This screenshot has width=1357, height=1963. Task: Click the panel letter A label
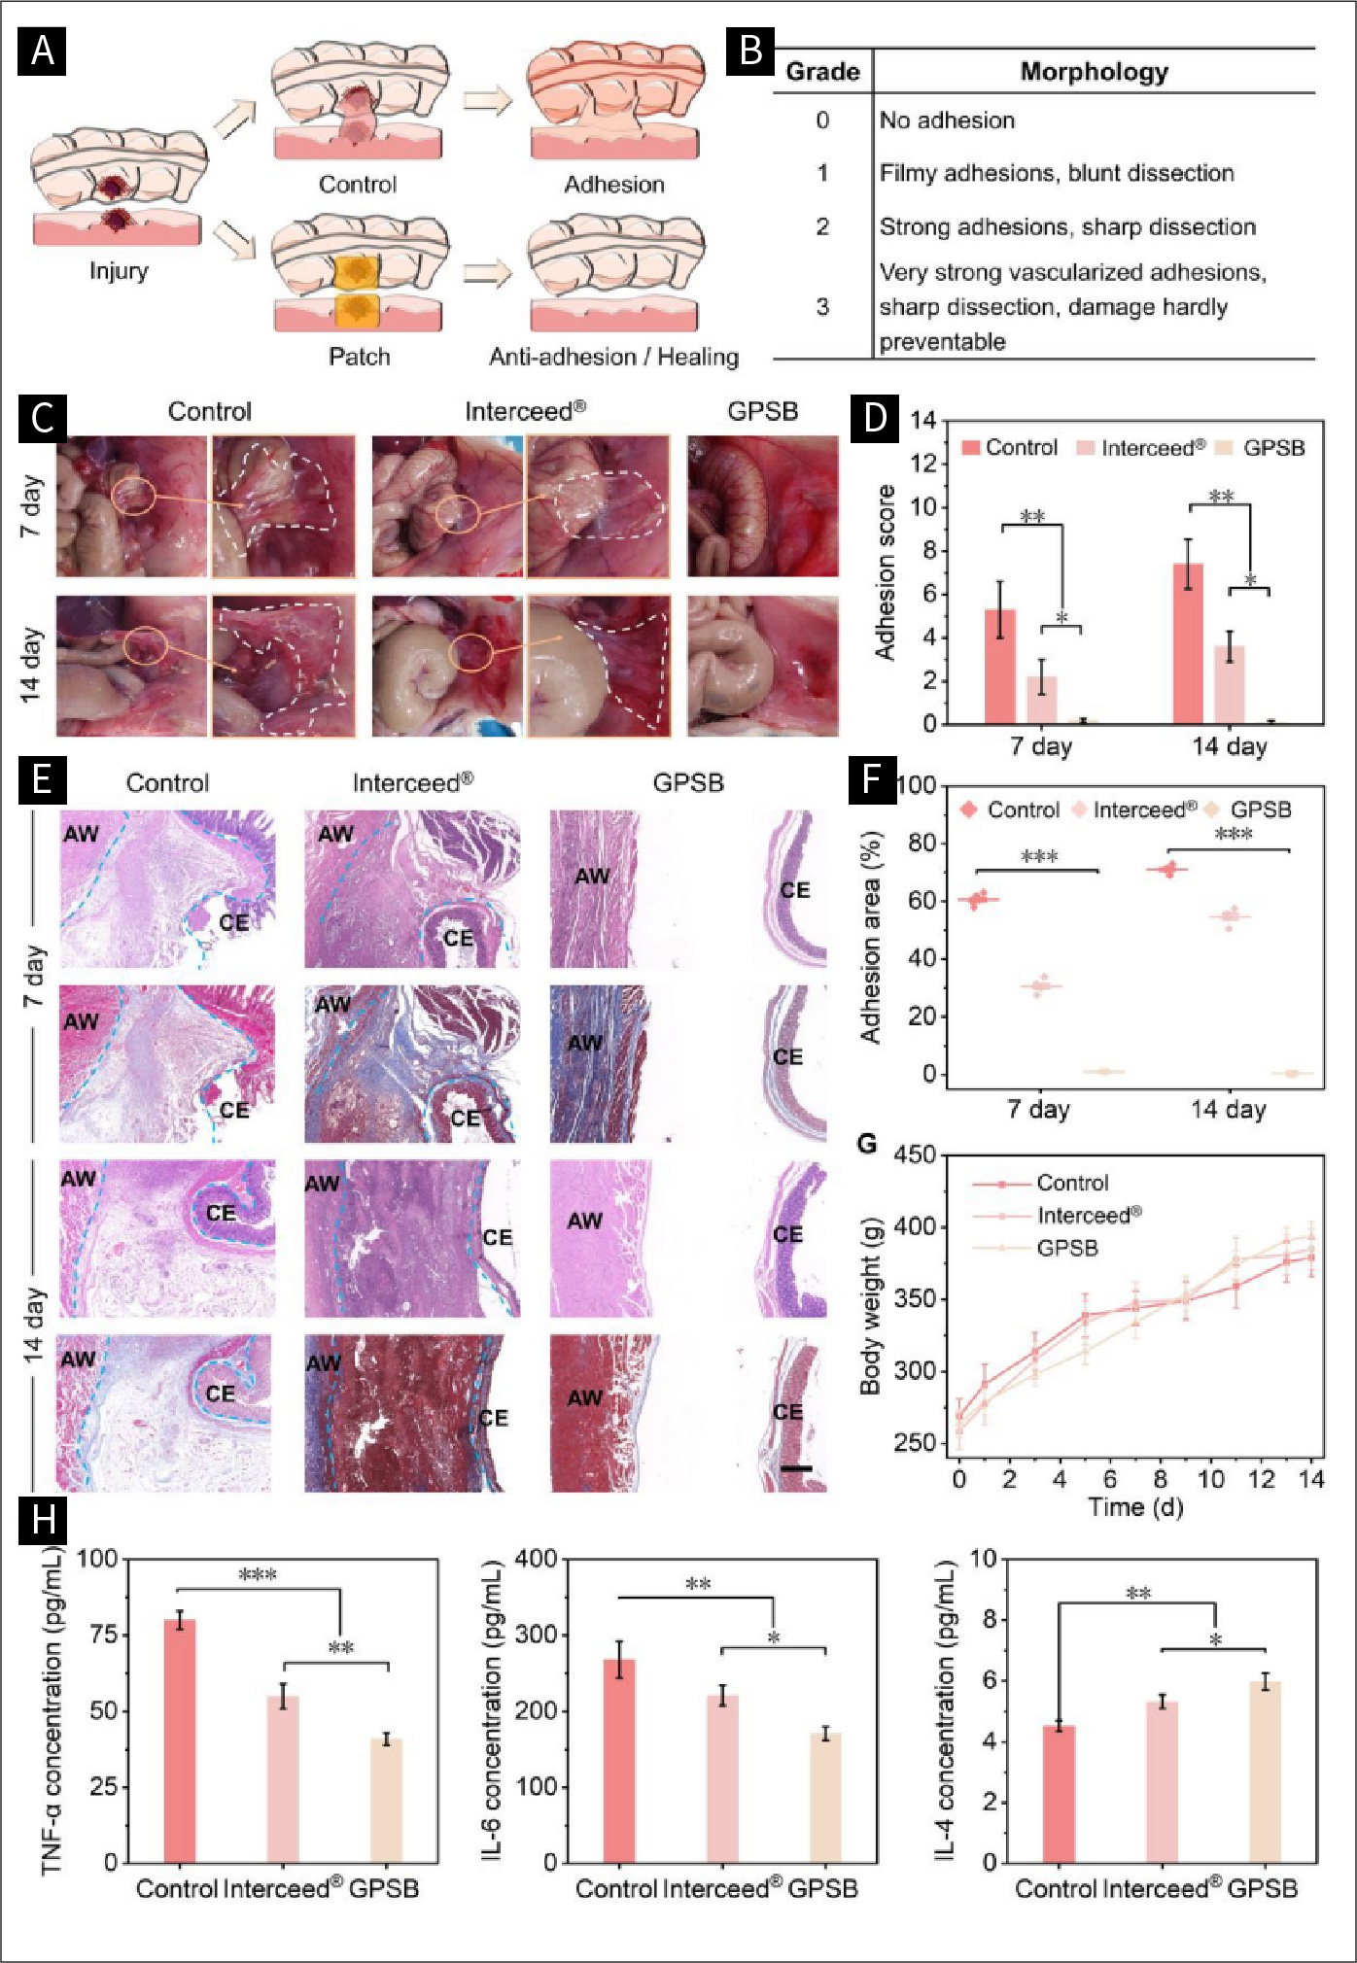coord(42,51)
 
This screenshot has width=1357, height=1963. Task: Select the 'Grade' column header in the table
coord(822,72)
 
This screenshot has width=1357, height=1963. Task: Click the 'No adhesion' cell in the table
coord(947,121)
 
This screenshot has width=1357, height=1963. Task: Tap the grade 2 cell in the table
coord(822,226)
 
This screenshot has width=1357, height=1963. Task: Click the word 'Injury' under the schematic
coord(119,270)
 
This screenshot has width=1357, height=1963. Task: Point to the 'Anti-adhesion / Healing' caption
coord(613,357)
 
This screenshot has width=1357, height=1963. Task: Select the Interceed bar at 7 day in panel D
coord(1042,700)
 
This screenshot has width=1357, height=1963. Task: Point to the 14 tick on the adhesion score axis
coord(923,421)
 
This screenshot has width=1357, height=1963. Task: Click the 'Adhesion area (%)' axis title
coord(870,937)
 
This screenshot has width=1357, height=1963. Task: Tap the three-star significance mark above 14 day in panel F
coord(1234,834)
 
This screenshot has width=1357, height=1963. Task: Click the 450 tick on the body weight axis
coord(915,1154)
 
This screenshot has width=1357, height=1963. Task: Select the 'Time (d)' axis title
coord(1135,1507)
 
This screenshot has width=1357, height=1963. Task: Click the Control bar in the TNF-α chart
coord(180,1740)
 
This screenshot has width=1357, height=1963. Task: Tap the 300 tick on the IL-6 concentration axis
coord(536,1635)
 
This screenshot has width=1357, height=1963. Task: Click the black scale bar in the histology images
coord(796,1467)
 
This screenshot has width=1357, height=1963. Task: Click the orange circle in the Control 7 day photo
coord(133,495)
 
